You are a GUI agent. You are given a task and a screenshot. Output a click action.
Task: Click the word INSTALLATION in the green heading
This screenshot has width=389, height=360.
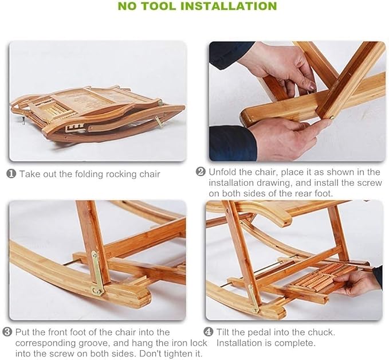231,6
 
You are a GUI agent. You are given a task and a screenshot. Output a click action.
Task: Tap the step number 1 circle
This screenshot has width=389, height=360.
11,174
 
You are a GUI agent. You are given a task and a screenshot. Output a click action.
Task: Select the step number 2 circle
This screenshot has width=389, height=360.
201,172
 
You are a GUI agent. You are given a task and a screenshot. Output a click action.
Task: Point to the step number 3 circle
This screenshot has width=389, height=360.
7,332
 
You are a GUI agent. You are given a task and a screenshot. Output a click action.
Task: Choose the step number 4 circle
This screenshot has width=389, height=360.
209,332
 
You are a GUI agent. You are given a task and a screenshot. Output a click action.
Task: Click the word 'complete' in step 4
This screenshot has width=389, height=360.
294,343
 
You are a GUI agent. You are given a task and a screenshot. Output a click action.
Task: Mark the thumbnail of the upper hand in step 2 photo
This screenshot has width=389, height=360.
312,86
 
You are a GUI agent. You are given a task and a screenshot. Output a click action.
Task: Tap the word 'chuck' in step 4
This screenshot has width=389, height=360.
321,332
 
